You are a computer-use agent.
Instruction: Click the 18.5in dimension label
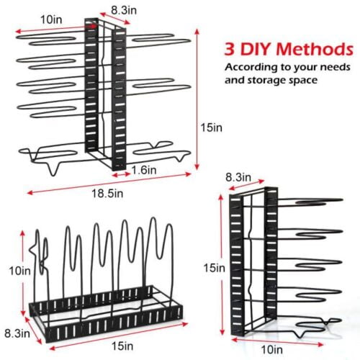107,194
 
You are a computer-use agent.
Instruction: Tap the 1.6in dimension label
144,170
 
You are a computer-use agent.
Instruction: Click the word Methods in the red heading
315,49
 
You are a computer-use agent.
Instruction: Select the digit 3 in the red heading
230,49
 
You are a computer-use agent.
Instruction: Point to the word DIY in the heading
256,49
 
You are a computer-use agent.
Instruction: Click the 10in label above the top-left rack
51,19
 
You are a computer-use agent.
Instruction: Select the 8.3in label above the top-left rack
124,10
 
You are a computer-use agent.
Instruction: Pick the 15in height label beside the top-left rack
212,127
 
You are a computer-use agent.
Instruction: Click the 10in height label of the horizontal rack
19,271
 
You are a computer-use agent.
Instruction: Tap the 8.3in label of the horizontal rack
17,333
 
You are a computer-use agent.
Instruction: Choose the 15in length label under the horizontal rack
122,346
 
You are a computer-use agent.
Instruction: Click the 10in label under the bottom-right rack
271,350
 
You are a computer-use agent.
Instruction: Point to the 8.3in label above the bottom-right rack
238,177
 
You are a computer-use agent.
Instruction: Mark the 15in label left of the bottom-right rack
215,268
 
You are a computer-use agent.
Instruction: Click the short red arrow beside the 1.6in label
121,175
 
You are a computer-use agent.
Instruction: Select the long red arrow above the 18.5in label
109,183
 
